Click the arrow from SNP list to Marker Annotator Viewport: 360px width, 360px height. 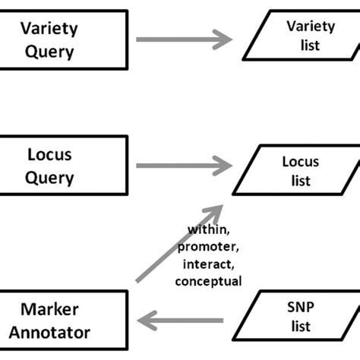(x=183, y=321)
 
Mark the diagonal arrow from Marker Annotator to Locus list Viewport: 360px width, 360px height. (x=179, y=243)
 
